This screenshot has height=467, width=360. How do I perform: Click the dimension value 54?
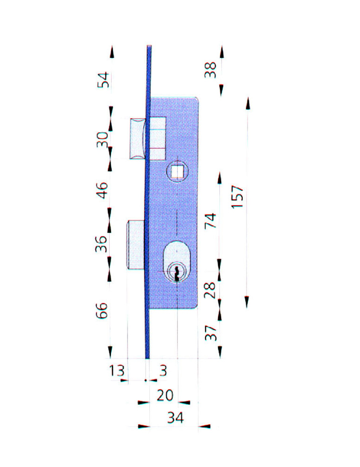104,80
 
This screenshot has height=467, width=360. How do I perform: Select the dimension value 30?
102,140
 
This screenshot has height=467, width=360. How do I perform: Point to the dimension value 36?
101,244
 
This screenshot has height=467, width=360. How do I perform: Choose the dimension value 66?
101,311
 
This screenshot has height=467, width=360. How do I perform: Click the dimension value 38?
210,70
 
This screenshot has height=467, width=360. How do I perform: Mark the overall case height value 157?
238,197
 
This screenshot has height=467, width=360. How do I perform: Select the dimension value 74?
211,221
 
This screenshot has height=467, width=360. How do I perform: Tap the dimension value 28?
210,290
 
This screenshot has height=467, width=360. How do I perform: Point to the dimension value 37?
211,333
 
